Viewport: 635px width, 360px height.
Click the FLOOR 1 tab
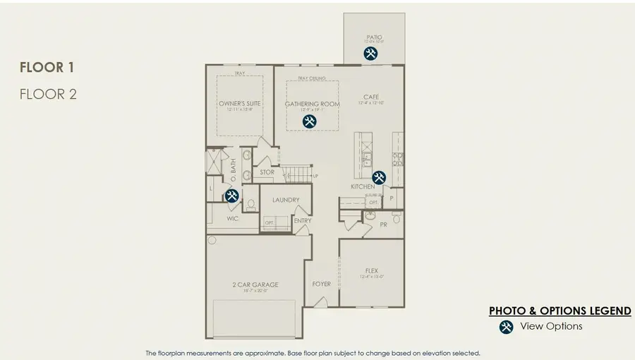47,68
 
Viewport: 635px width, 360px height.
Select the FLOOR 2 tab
47,93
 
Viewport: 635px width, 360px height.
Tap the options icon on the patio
370,53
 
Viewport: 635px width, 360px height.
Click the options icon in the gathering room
309,121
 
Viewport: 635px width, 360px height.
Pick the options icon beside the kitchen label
379,178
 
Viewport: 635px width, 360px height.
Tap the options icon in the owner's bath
231,196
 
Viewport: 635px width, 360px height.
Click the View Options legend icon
506,326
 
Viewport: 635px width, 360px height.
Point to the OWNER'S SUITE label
239,104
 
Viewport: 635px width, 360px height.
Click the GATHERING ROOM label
313,104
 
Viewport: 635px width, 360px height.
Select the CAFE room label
371,97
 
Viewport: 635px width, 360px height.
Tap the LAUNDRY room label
286,200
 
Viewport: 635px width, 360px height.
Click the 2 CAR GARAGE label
255,284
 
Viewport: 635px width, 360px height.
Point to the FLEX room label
372,270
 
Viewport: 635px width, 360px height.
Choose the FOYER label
322,284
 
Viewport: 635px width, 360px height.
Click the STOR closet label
267,172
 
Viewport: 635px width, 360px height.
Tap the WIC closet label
233,219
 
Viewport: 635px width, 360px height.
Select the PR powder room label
383,225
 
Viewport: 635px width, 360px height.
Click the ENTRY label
303,220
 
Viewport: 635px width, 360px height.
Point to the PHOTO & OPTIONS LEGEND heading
560,311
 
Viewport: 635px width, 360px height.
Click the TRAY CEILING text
312,78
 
